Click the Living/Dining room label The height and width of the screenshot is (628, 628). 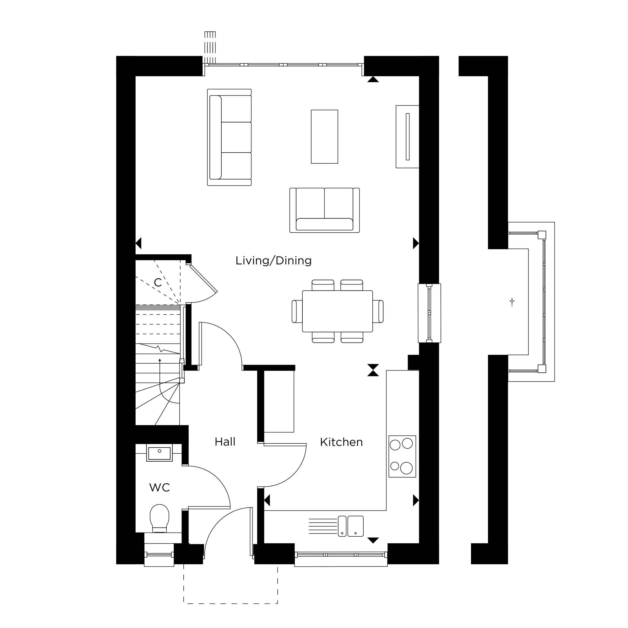[273, 261]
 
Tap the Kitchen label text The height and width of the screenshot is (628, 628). [341, 442]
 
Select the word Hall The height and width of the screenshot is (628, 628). [225, 442]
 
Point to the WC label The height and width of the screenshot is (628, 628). [159, 487]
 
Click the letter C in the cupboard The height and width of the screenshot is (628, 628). [158, 283]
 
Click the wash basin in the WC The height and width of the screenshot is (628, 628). [159, 453]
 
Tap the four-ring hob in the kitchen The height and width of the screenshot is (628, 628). [402, 456]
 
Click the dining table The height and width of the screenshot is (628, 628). [338, 311]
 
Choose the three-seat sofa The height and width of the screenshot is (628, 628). [230, 137]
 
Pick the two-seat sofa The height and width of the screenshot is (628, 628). [324, 210]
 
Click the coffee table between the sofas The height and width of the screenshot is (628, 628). [324, 137]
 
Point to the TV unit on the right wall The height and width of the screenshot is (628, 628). [407, 137]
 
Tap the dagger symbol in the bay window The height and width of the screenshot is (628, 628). [512, 302]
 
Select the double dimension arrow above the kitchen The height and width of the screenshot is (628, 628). [373, 370]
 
